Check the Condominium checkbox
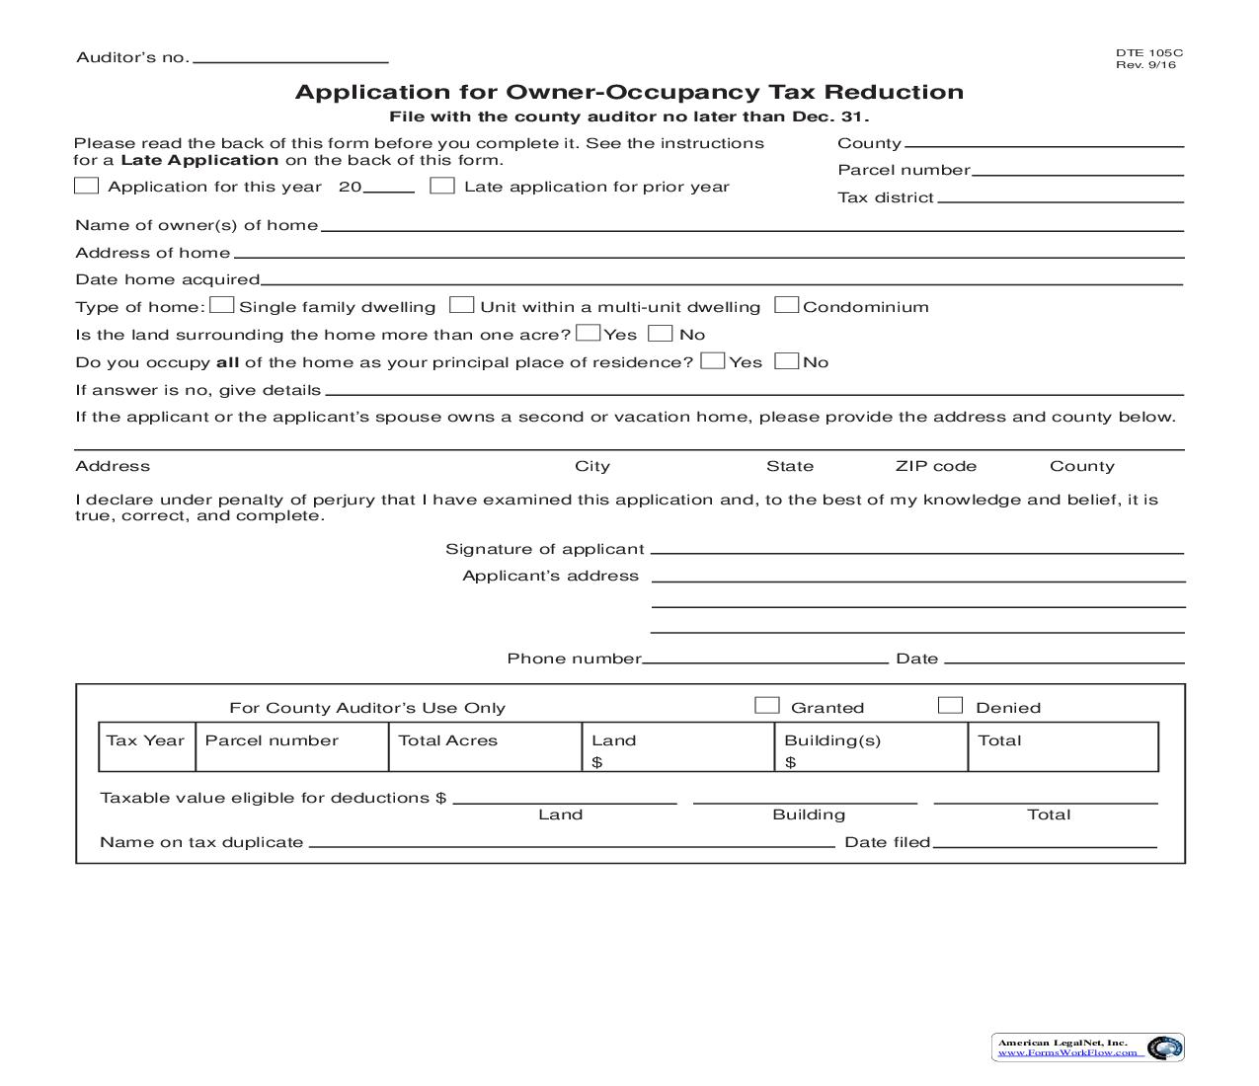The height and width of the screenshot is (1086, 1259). click(x=787, y=305)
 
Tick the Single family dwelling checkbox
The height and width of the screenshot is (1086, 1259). click(x=223, y=305)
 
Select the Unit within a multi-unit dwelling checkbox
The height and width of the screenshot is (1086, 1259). click(x=461, y=305)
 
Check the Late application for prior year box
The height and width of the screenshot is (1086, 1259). click(x=442, y=186)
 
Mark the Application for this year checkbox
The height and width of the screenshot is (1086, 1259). click(x=87, y=186)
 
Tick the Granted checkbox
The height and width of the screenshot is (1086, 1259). click(x=766, y=705)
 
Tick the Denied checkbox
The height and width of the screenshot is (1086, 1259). click(x=950, y=705)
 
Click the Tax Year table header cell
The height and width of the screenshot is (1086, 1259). click(x=146, y=746)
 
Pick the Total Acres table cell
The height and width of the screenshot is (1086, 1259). click(x=484, y=746)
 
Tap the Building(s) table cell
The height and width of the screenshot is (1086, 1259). click(x=870, y=746)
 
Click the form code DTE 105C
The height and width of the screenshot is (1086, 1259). click(x=1148, y=53)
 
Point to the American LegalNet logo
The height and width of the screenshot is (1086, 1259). click(x=1087, y=1047)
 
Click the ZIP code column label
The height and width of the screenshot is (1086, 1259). click(x=935, y=466)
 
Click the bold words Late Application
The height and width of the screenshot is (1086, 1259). click(x=199, y=160)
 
